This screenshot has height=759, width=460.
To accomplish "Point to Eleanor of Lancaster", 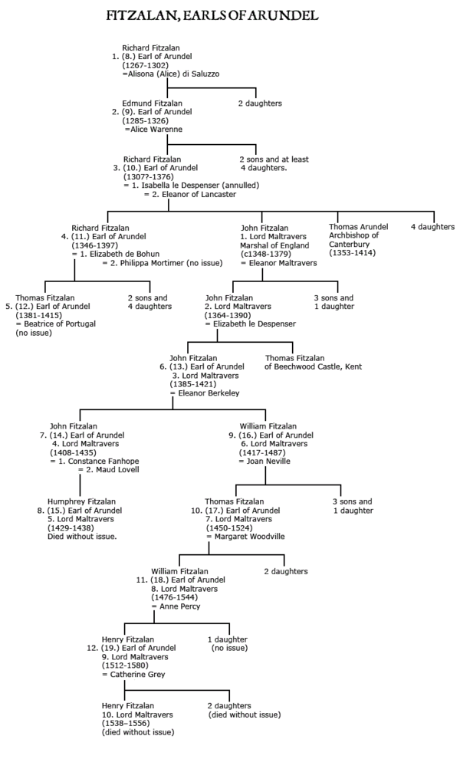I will tap(192, 194).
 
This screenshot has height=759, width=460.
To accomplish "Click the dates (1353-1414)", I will tap(352, 253).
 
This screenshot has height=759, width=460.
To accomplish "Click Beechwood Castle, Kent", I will tap(313, 367).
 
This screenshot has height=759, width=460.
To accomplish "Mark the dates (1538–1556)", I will tap(133, 723).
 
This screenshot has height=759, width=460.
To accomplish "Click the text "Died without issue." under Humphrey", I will tap(82, 537).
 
